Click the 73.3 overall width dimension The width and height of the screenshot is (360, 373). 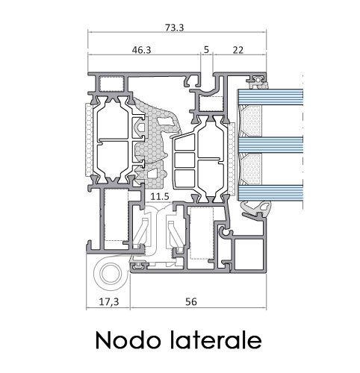[175, 28]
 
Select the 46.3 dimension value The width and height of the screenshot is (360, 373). [141, 50]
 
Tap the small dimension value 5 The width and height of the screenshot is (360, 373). [206, 50]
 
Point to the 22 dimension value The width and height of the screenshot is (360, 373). [238, 50]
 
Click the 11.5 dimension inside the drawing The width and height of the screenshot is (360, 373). [160, 197]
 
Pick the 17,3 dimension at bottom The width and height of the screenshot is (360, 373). [109, 302]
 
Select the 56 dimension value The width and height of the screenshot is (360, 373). [191, 301]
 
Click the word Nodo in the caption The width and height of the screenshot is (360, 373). [128, 340]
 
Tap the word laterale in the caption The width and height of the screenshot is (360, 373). [216, 339]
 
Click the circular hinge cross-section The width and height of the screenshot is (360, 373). [111, 273]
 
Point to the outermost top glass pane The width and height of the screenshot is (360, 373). [270, 97]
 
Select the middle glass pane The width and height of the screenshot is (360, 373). [270, 145]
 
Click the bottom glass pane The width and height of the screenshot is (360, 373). [270, 192]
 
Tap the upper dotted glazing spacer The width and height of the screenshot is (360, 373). [252, 121]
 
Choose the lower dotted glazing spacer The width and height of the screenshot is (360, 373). [252, 169]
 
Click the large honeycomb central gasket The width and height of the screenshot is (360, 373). [155, 144]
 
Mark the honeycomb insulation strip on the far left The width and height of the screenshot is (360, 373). [89, 140]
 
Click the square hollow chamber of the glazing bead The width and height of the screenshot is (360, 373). [249, 254]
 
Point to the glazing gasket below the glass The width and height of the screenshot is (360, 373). [256, 208]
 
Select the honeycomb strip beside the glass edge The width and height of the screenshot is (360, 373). [232, 158]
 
